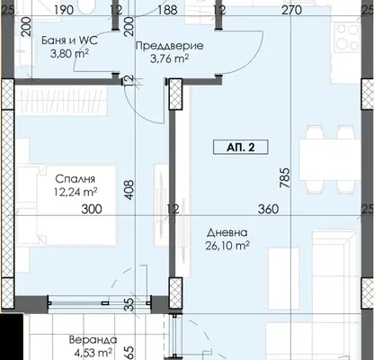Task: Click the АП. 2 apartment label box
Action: click(x=240, y=148)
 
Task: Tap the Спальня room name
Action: click(x=76, y=179)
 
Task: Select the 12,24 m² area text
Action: click(x=76, y=192)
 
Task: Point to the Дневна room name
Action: click(x=227, y=232)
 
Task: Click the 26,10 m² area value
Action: click(x=227, y=246)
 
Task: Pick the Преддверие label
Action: click(x=170, y=46)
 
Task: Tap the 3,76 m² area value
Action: click(x=169, y=58)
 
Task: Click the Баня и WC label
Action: click(x=69, y=40)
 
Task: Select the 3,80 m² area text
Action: click(x=69, y=54)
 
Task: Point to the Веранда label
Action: click(x=93, y=340)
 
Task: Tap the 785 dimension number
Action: click(x=285, y=177)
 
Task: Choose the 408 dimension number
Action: click(x=129, y=190)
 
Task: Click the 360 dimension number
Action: click(x=269, y=209)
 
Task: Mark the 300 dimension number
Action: click(x=92, y=209)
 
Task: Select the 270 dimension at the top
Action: click(x=291, y=10)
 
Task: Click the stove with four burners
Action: click(x=348, y=37)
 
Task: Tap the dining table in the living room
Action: click(x=329, y=159)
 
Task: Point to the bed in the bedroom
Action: click(x=67, y=205)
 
